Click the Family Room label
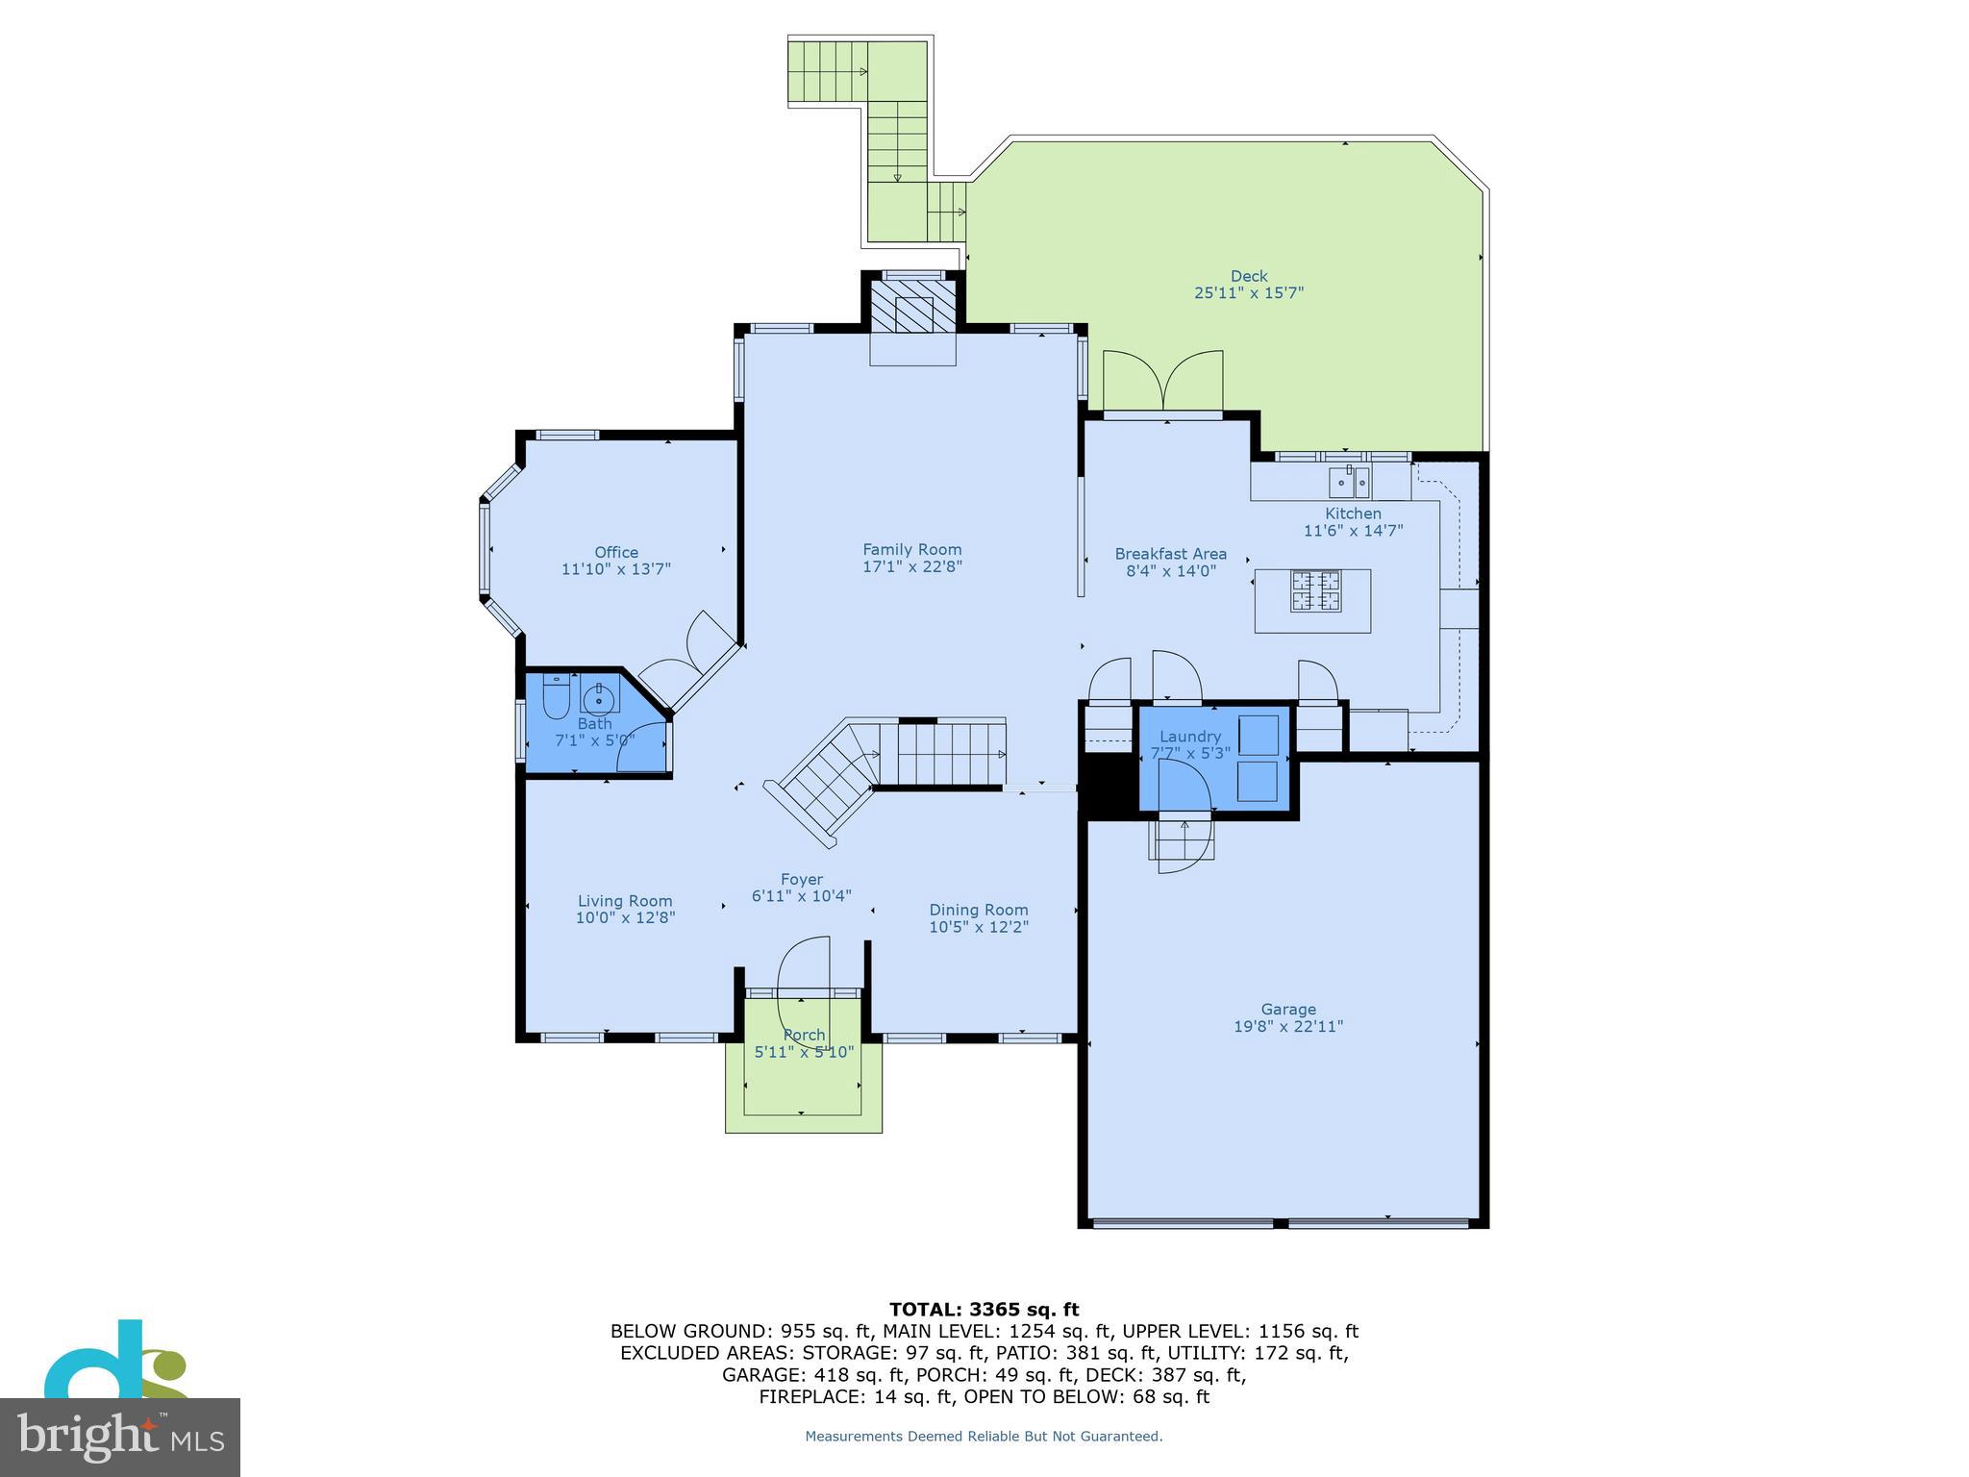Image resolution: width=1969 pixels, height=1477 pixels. pyautogui.click(x=911, y=549)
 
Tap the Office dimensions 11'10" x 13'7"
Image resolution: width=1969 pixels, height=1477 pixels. pyautogui.click(x=615, y=569)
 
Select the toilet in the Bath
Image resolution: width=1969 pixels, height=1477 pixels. pyautogui.click(x=556, y=698)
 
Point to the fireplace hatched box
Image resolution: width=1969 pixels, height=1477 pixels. pyautogui.click(x=913, y=306)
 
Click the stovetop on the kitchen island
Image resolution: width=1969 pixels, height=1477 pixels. pyautogui.click(x=1315, y=591)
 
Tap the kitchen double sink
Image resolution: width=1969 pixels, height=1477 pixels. pyautogui.click(x=1349, y=479)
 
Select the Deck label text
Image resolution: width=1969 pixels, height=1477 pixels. pyautogui.click(x=1249, y=276)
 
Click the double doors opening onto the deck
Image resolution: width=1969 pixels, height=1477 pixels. pyautogui.click(x=1163, y=383)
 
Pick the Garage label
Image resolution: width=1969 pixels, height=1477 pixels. pyautogui.click(x=1287, y=1009)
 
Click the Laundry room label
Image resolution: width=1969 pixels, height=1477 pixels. pyautogui.click(x=1189, y=737)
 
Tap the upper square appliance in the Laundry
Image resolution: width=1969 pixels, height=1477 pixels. pyautogui.click(x=1258, y=735)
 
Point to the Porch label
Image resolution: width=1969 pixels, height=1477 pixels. pyautogui.click(x=804, y=1035)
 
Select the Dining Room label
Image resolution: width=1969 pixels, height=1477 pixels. pyautogui.click(x=978, y=910)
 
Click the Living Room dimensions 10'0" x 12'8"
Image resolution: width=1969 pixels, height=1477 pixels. pyautogui.click(x=625, y=918)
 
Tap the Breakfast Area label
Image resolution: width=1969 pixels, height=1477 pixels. pyautogui.click(x=1170, y=554)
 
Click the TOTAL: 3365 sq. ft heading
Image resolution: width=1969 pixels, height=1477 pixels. pyautogui.click(x=984, y=1309)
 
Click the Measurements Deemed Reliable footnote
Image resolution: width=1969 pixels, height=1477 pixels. pyautogui.click(x=984, y=1437)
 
